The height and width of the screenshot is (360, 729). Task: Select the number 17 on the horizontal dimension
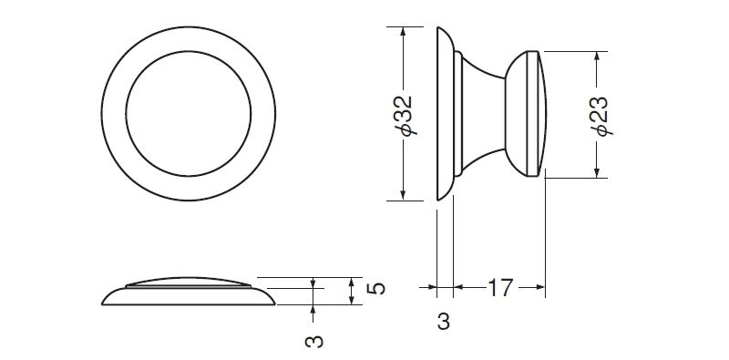499,288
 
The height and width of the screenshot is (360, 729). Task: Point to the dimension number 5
376,288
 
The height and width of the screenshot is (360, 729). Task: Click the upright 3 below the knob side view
444,322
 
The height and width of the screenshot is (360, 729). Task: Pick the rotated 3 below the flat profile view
313,342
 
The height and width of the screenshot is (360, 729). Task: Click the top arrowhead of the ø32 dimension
403,31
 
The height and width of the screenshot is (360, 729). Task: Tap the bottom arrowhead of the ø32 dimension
403,196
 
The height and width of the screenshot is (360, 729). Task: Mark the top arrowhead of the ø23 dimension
597,56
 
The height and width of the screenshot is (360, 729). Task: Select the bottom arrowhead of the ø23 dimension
597,173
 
